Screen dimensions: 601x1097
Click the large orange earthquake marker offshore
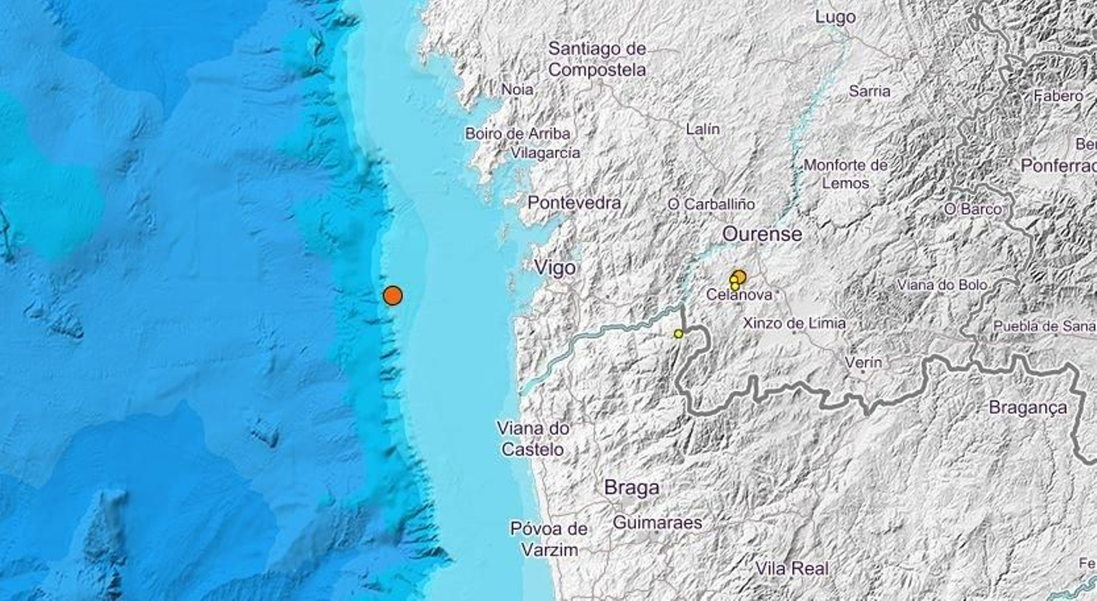tap(392, 295)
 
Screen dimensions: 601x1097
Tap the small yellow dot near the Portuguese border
tap(679, 333)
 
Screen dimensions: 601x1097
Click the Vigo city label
tap(555, 268)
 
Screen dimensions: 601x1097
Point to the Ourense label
tap(762, 234)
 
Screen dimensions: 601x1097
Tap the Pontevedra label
tap(574, 202)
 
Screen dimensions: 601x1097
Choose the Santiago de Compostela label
tap(597, 59)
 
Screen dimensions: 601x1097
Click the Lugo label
tap(835, 17)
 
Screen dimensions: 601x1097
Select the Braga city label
tap(631, 488)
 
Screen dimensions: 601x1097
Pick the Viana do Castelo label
tap(533, 439)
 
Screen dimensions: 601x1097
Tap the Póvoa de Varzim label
tap(549, 539)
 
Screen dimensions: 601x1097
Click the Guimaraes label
tap(657, 523)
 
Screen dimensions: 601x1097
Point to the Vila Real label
tap(792, 568)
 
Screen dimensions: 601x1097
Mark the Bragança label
tap(1028, 408)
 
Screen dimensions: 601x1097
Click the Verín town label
tap(863, 362)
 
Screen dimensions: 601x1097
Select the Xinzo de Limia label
tap(794, 322)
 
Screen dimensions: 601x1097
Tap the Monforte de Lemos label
tap(845, 174)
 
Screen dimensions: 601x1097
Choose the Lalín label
tap(703, 128)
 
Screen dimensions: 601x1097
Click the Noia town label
tap(518, 89)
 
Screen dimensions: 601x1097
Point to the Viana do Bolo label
tap(942, 285)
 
